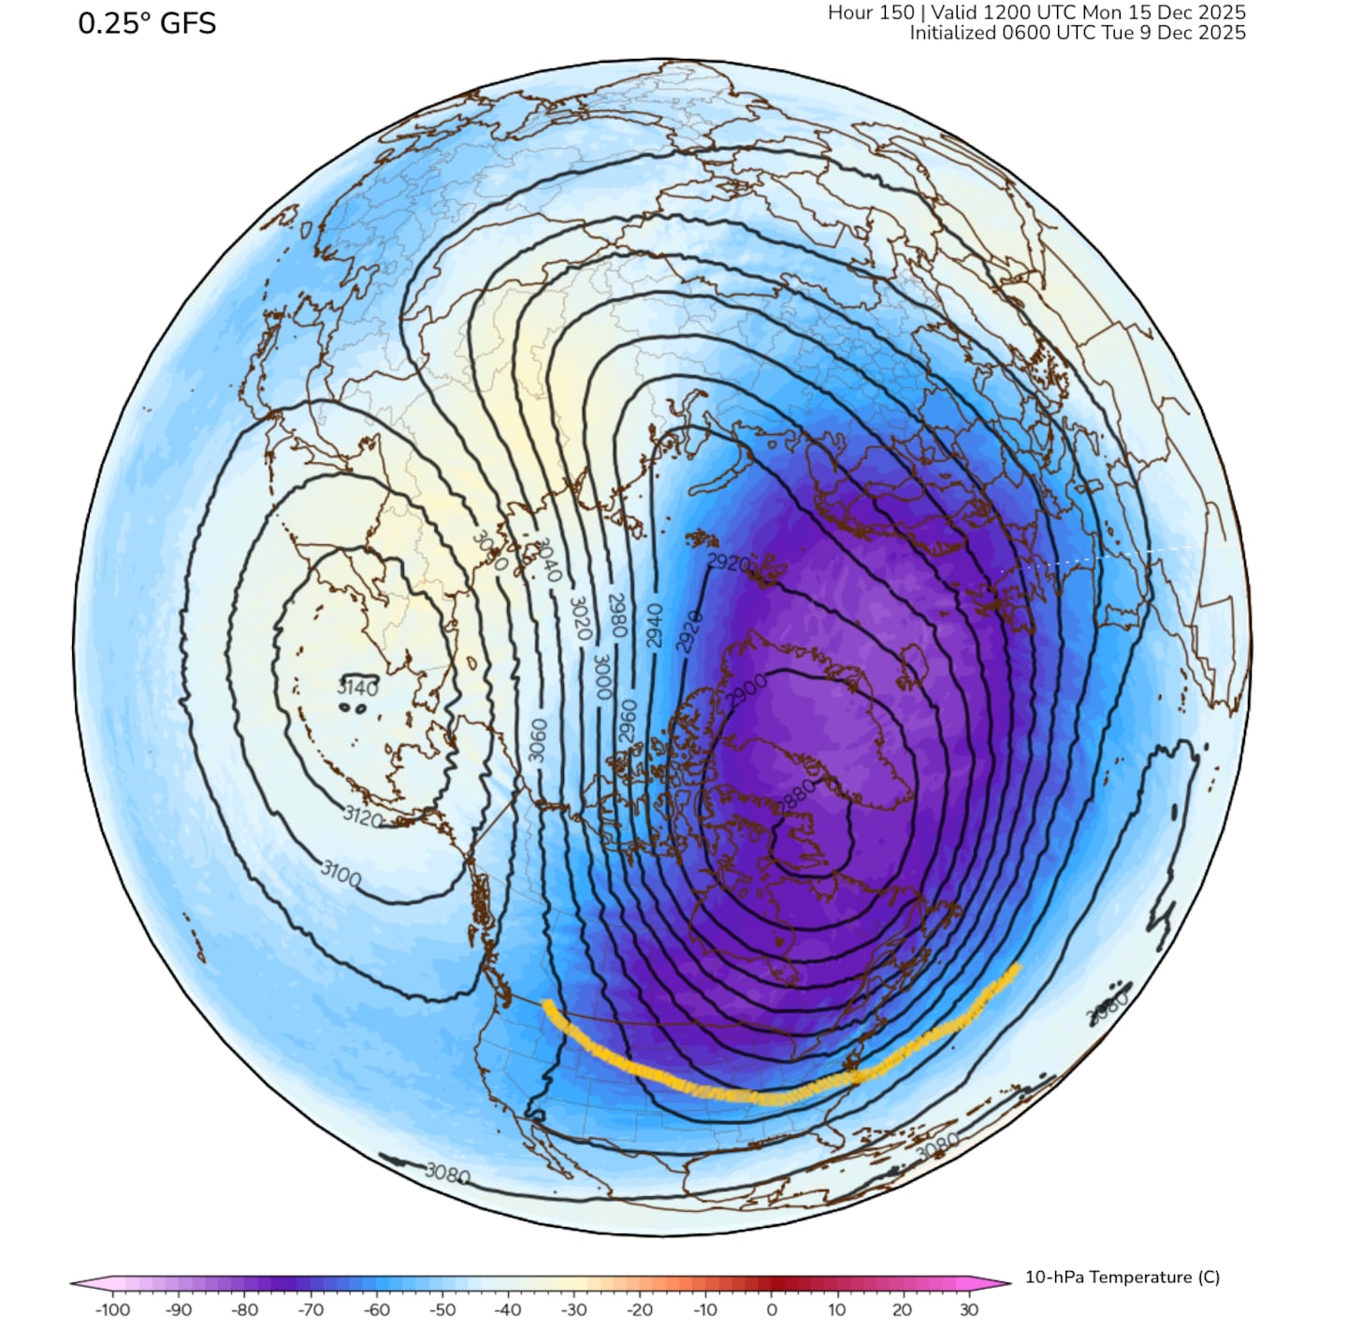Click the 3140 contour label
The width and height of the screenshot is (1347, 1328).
pos(357,688)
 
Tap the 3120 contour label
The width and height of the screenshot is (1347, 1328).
pos(363,817)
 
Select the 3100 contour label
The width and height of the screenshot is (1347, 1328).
pos(340,875)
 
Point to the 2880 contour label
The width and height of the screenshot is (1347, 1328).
pos(797,798)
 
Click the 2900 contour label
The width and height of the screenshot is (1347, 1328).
pos(746,692)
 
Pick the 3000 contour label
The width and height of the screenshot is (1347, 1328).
pos(602,675)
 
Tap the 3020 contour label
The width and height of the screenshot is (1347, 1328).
pos(580,617)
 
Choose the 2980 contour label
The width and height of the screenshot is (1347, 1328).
pos(617,615)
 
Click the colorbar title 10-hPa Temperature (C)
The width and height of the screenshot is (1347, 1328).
pos(1122,1277)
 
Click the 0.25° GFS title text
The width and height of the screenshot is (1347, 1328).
pos(147,23)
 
